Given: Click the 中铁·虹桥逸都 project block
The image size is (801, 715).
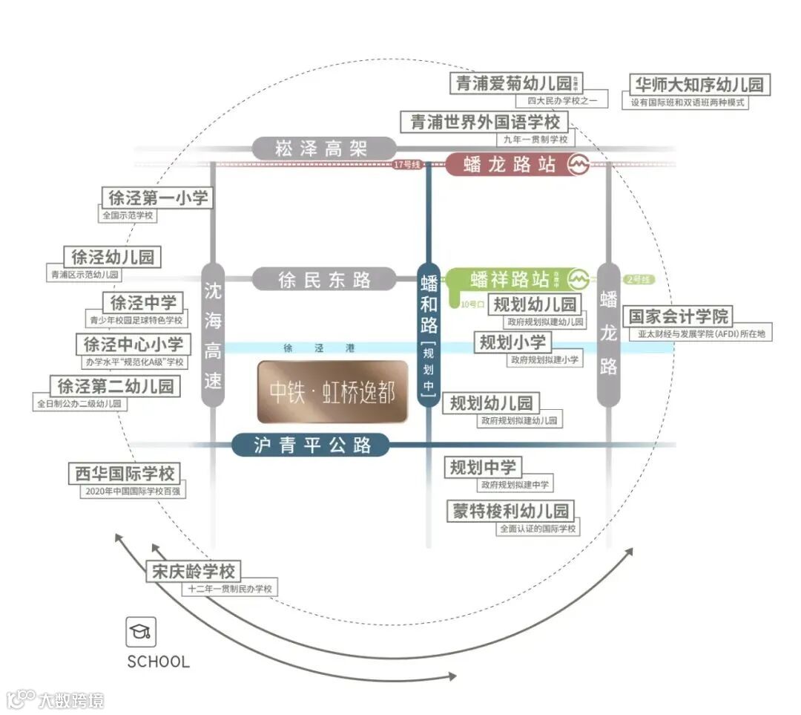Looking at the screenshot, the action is (333, 392).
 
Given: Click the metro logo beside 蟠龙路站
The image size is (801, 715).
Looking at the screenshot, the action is (578, 165).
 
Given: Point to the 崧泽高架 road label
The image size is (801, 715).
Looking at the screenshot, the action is (321, 148).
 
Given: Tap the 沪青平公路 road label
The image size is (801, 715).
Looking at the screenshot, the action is (311, 445).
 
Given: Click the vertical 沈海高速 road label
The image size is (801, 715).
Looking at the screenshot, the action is (213, 334).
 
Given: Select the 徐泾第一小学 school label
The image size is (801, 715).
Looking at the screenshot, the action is (158, 197).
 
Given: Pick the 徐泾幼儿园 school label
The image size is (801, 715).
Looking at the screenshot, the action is (113, 257).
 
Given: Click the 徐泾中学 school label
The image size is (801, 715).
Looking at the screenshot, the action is (143, 302).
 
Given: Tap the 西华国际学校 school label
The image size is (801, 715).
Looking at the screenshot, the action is (125, 473).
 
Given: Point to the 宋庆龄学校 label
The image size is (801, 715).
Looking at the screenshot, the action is (194, 571).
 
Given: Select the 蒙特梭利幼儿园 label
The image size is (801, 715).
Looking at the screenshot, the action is (512, 511).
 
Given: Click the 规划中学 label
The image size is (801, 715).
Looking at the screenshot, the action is (483, 467).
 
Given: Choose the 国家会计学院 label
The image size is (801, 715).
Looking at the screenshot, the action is (679, 316).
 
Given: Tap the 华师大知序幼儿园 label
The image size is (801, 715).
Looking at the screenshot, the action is (698, 83).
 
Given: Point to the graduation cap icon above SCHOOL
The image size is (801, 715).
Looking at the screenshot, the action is (140, 632).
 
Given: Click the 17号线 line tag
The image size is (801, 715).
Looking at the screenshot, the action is (407, 165).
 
